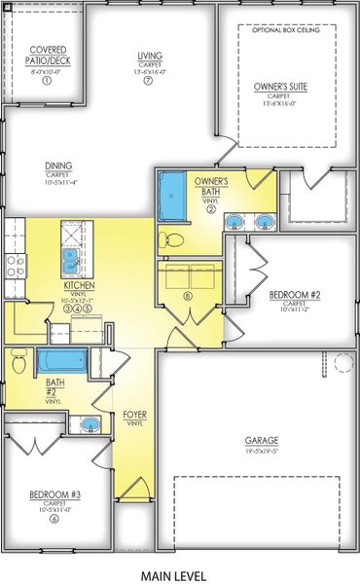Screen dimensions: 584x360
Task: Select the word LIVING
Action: (150, 56)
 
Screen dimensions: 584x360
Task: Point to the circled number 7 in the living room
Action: (149, 81)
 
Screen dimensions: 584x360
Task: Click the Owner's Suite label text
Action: (280, 87)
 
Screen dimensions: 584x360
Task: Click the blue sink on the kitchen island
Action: (72, 259)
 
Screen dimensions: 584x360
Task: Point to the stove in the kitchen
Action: (14, 261)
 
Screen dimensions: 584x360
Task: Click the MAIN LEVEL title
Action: (180, 574)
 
